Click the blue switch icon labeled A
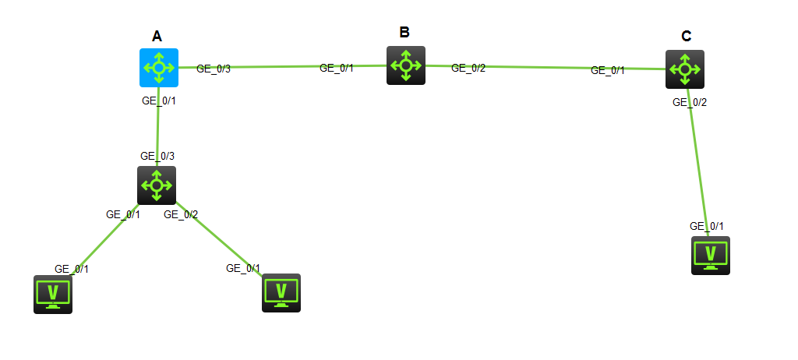(x=159, y=68)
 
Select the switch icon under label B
(x=405, y=65)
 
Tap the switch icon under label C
(x=685, y=69)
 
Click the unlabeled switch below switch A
(x=157, y=185)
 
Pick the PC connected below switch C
(x=711, y=256)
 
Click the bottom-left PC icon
(x=53, y=295)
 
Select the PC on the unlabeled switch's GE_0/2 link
(x=281, y=293)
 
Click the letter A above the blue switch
(x=157, y=36)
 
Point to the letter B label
(x=404, y=32)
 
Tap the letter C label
(x=686, y=36)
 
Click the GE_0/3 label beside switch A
(x=214, y=69)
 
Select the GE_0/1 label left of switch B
(x=337, y=69)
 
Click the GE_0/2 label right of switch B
(x=468, y=69)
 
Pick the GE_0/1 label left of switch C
(x=608, y=71)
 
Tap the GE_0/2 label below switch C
(x=690, y=102)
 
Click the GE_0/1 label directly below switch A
(x=159, y=101)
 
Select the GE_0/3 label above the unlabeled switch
(x=157, y=156)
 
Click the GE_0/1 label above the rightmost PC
(x=706, y=227)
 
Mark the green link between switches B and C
(x=546, y=67)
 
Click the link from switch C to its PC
(x=698, y=162)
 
